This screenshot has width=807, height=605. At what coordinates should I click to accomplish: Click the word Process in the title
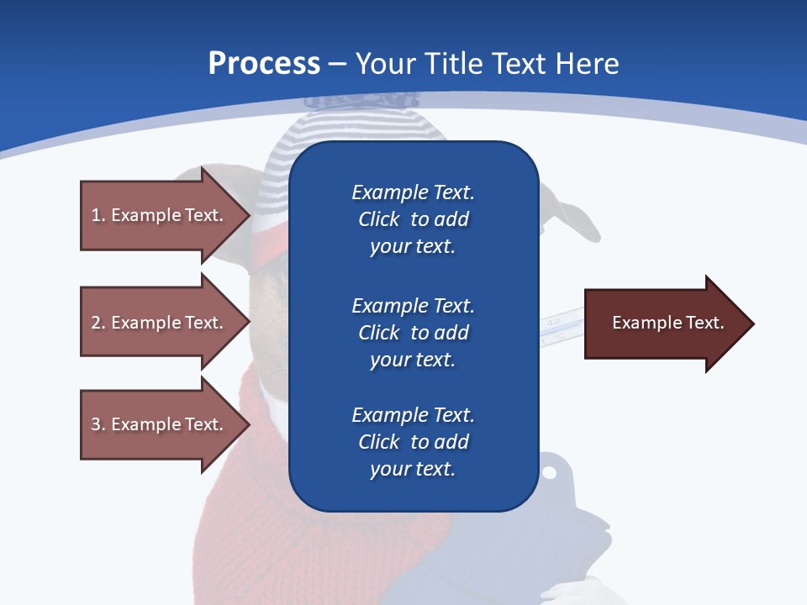(264, 64)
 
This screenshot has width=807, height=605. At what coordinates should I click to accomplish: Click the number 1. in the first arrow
(98, 215)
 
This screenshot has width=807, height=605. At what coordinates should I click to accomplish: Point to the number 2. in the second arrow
(98, 323)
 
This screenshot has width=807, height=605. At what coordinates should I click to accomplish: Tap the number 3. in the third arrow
(98, 424)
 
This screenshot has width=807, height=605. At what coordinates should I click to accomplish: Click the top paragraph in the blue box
(413, 219)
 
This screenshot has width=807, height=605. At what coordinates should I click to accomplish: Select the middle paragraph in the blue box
(413, 333)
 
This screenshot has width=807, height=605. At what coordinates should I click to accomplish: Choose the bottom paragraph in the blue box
(413, 442)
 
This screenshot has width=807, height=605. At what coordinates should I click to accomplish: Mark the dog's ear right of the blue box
(567, 215)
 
